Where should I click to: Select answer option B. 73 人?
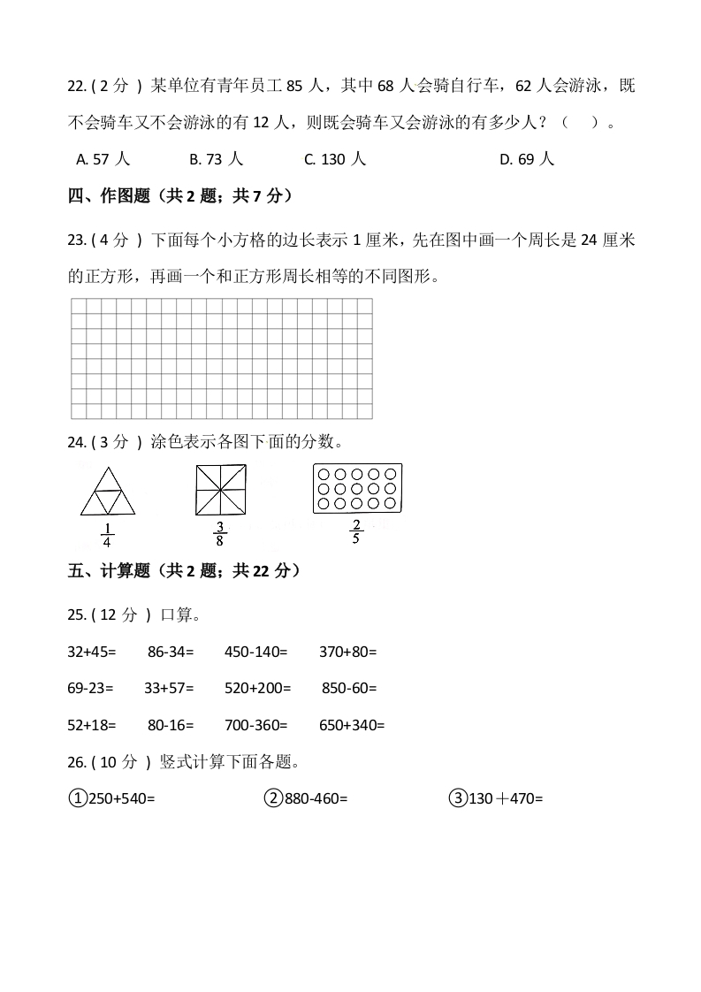pos(216,159)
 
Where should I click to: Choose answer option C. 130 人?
pos(334,159)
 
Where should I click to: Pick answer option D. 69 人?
pos(527,159)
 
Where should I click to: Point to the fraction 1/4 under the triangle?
pos(108,537)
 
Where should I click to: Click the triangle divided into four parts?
pos(108,492)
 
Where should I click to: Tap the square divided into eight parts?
pos(220,490)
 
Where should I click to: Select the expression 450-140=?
pos(256,652)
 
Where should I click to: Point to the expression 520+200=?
pos(259,687)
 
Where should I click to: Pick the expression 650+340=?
pos(352,725)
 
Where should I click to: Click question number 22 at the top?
pos(76,86)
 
